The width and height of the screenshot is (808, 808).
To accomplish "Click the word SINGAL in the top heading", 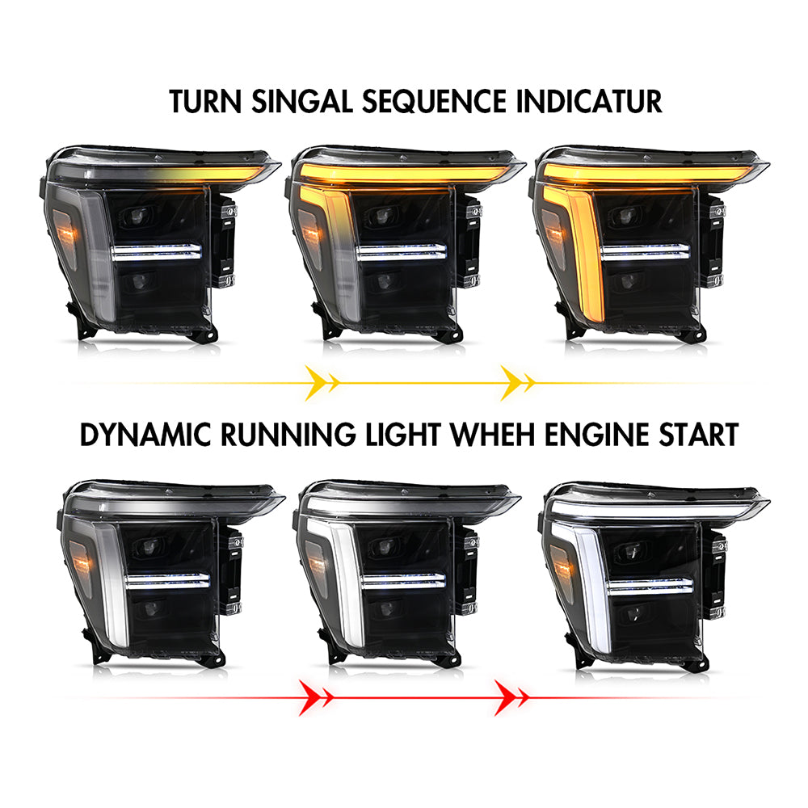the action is point(301,102).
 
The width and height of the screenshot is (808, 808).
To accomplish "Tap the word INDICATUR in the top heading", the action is point(589,102).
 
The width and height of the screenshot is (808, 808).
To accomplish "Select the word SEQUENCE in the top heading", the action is point(434,102).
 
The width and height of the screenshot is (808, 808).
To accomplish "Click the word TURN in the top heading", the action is point(205,102).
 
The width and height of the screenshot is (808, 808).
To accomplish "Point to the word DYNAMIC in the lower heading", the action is point(145,435).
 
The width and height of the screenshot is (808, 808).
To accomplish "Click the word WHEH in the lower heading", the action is point(493,435).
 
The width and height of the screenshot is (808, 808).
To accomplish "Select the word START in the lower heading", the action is point(699,435).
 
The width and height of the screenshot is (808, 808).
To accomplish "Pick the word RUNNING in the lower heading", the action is point(288,435).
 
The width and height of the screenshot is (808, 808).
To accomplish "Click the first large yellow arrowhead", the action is point(315,383).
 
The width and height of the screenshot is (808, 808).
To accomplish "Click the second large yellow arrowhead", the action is point(511,383).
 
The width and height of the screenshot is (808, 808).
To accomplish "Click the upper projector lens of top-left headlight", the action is point(137,216).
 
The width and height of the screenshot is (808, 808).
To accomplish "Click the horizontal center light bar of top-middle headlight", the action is point(401,252).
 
